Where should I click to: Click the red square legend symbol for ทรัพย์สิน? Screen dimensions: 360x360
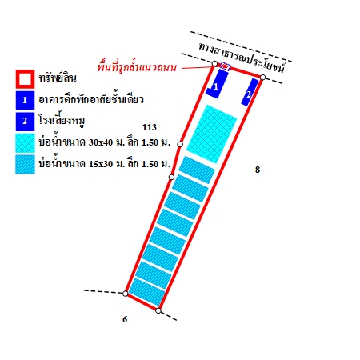coord(25,79)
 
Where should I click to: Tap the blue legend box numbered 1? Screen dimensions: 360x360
coord(25,100)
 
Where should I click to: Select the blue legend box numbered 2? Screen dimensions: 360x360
coord(25,122)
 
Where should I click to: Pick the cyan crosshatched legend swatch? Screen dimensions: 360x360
coord(25,143)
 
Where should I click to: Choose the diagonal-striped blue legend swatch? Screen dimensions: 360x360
coord(25,164)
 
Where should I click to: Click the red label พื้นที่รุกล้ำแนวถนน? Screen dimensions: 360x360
coord(137,66)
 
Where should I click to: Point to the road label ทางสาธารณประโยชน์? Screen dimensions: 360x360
coord(242,58)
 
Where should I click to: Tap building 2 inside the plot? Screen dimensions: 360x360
coord(250,92)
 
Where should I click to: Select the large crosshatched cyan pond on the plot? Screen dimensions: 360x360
coord(212,134)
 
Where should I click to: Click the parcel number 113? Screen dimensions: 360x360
coord(150,127)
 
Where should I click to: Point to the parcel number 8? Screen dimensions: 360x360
coord(258,170)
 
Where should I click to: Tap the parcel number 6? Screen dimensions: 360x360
coord(125,319)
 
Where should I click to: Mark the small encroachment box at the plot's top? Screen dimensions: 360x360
coord(226,66)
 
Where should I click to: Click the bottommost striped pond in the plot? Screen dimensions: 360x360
coord(147,291)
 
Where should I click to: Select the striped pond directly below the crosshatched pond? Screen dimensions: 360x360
coord(197,170)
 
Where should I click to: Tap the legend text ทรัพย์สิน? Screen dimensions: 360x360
coord(58,78)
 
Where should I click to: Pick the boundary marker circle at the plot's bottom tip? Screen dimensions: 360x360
coord(158,310)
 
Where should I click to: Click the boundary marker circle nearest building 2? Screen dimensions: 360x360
coord(262,78)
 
